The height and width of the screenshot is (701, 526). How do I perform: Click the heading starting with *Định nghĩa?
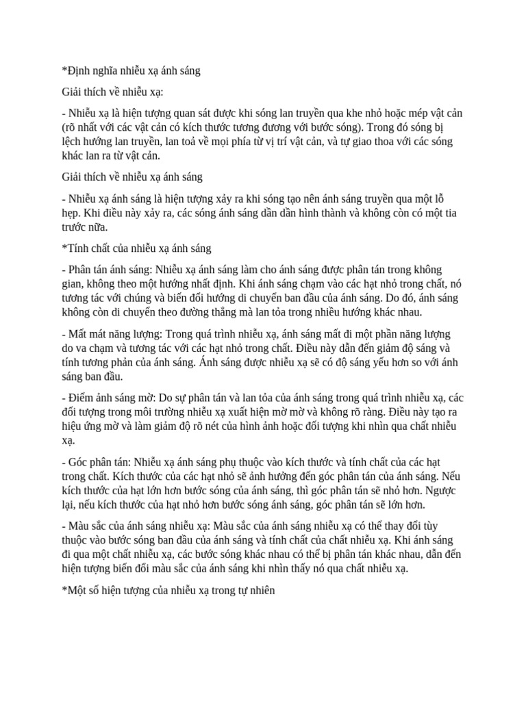coord(131,71)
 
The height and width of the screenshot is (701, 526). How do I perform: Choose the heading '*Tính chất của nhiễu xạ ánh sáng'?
coord(136,247)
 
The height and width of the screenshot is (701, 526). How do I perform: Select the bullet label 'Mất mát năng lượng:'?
coord(113,334)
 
